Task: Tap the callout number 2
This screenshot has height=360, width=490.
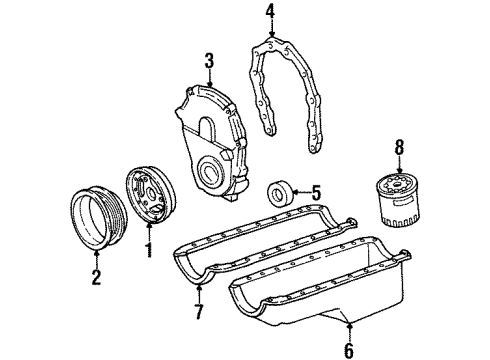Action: pos(96,277)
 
